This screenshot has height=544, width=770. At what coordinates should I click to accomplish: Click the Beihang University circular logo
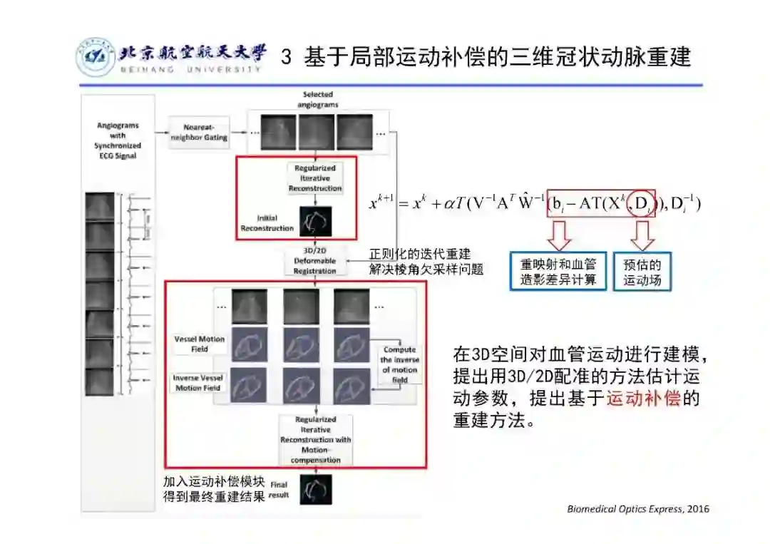coord(95,58)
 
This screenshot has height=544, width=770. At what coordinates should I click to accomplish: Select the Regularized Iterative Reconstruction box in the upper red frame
coord(314,178)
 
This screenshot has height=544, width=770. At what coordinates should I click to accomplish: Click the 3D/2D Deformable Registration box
coord(314,261)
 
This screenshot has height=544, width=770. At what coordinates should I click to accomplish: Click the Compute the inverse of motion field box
coord(399,364)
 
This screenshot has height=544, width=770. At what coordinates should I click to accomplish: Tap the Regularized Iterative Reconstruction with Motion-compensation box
coord(315,440)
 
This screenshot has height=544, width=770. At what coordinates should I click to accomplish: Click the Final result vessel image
coord(316,489)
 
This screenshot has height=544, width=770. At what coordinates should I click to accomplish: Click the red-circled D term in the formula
coord(642,205)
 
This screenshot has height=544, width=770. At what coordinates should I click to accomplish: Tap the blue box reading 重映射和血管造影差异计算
coord(558,272)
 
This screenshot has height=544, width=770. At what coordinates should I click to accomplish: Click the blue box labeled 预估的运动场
coord(642,272)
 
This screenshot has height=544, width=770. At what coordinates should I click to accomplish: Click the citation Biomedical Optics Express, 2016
coord(638,508)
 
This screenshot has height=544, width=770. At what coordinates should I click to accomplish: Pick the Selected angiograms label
coord(317,99)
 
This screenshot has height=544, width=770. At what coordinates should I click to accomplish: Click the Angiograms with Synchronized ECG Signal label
coord(118,140)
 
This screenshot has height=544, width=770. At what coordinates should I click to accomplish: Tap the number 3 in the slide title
coord(287,57)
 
